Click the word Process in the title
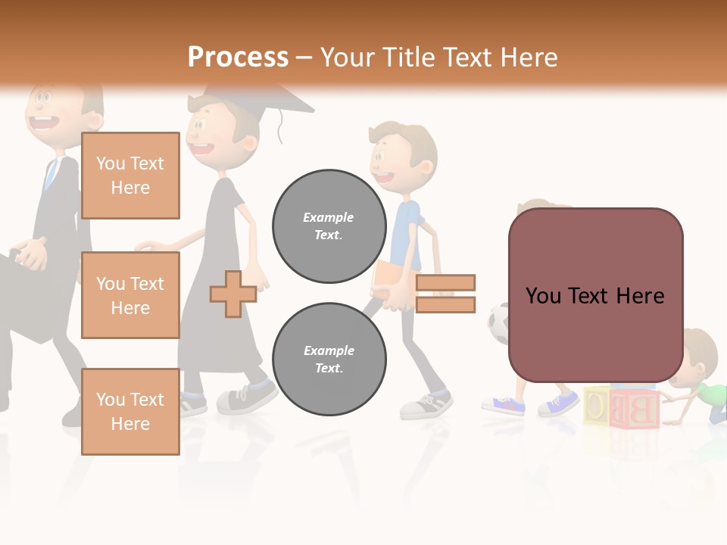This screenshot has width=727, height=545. pos(238,58)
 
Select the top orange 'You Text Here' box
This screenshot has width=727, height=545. pos(130,176)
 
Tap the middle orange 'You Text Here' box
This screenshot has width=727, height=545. pos(130,295)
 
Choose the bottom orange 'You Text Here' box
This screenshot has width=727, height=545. pos(130,412)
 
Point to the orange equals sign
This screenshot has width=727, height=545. pos(445,294)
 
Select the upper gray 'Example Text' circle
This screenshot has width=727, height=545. pos(329,226)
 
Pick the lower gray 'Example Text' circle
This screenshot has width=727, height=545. pos(329,359)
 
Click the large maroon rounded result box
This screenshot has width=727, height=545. pos(595,295)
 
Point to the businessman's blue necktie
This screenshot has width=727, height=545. pos(51,174)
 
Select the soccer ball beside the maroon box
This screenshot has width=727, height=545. pos(498,324)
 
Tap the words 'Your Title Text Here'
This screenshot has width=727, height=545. pos(438,58)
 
